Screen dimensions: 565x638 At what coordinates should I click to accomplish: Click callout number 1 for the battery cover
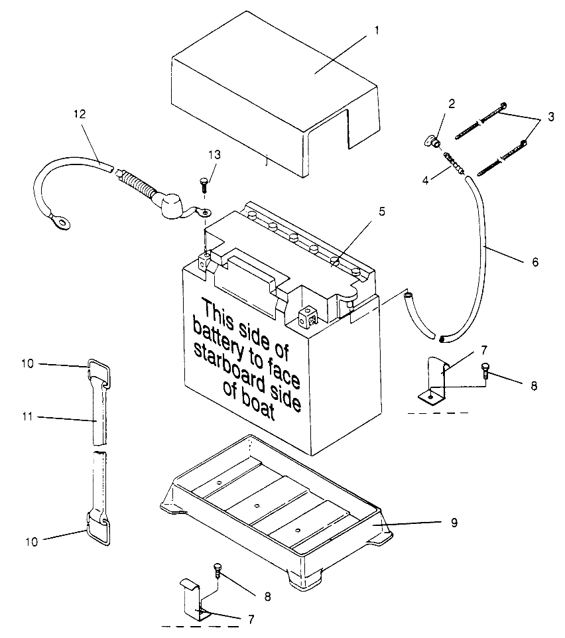click(377, 30)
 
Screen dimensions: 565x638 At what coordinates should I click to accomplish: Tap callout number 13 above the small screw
click(214, 155)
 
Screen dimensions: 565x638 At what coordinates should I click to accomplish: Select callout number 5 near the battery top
click(381, 212)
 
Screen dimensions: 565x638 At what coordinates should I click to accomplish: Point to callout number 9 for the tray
click(454, 523)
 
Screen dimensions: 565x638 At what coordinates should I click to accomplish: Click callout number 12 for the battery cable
click(80, 114)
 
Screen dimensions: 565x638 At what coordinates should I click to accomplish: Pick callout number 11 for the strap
click(27, 416)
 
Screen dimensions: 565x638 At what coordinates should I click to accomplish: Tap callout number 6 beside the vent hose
click(535, 262)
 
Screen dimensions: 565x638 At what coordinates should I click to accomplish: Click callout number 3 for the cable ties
click(551, 117)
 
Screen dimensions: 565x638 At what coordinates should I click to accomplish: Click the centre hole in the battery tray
click(256, 506)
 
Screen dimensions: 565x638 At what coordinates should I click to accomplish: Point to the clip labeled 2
click(432, 142)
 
